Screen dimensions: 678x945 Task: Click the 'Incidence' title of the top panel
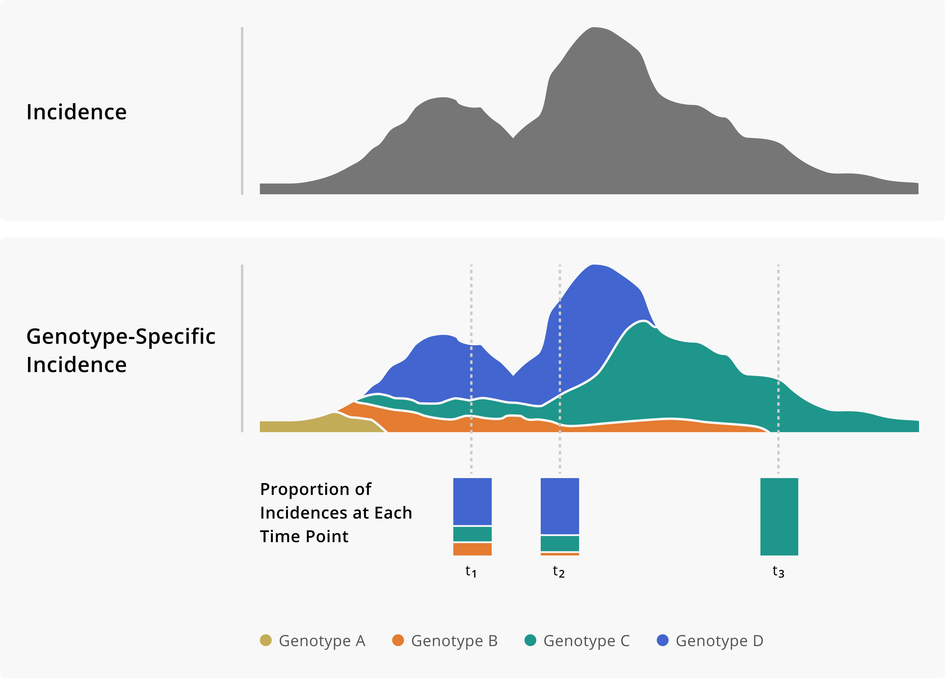coord(76,112)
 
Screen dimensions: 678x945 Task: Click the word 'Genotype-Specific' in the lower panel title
coord(121,336)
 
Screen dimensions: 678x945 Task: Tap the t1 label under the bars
coord(471,571)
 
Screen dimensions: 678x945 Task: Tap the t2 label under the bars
coord(558,571)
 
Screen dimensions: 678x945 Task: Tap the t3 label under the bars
coord(778,571)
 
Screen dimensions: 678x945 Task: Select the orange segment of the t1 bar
coord(472,549)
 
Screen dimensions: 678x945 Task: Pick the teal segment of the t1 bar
coord(472,534)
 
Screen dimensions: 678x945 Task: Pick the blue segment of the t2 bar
coord(560,506)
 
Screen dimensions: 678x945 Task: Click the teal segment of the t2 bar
coord(560,543)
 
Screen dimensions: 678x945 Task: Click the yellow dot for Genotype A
coord(266,640)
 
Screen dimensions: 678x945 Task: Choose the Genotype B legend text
coord(454,640)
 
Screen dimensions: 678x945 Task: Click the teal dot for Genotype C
coord(530,640)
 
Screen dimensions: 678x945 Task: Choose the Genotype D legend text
coord(719,640)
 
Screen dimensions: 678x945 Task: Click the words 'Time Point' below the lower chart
coord(304,536)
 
